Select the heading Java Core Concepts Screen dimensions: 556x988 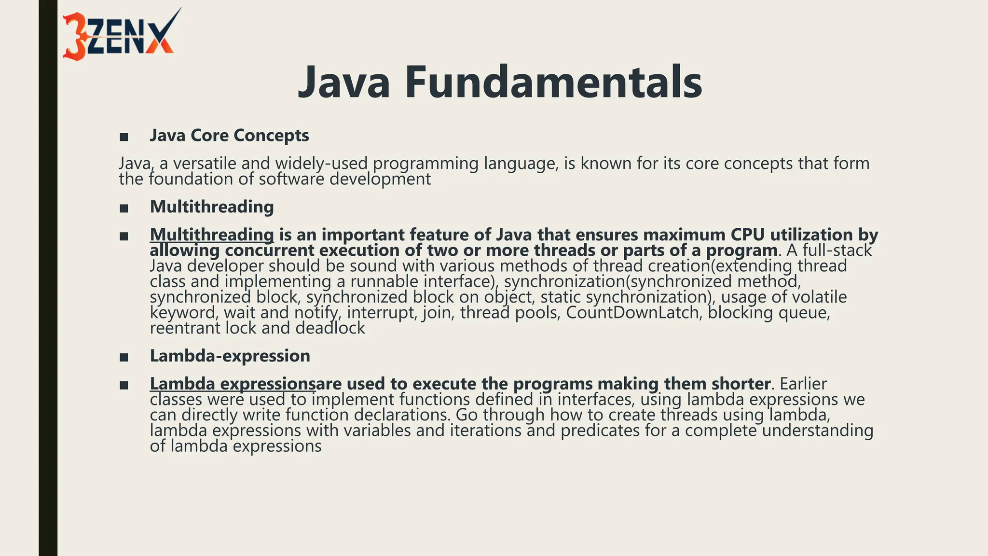[x=229, y=136]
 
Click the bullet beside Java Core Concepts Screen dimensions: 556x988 [x=124, y=137]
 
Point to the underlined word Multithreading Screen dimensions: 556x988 [x=212, y=235]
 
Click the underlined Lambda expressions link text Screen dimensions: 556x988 [x=233, y=384]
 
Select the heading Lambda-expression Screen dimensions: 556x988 [x=230, y=356]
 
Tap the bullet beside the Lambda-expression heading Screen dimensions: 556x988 [x=124, y=358]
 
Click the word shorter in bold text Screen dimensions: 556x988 [x=741, y=384]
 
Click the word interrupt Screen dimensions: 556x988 [x=381, y=313]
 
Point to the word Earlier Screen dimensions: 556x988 [x=803, y=384]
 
